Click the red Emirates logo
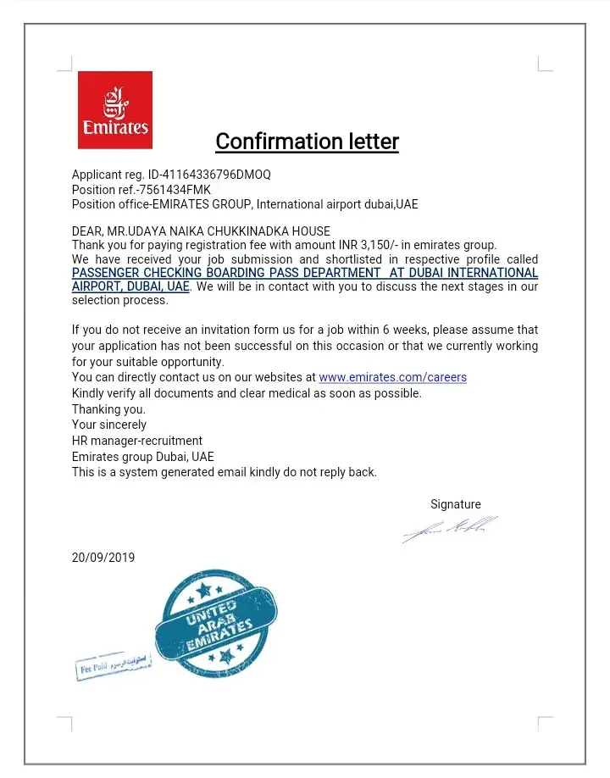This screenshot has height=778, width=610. click(x=115, y=109)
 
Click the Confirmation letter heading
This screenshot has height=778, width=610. click(x=307, y=141)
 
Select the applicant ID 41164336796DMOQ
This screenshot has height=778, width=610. click(x=216, y=175)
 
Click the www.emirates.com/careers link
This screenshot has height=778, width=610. click(x=392, y=377)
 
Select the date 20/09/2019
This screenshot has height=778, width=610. click(x=103, y=558)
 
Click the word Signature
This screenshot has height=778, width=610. click(x=455, y=504)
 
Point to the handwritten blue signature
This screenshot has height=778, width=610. click(x=449, y=530)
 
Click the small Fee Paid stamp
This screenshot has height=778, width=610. click(x=114, y=665)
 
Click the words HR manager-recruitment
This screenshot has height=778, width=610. click(x=137, y=441)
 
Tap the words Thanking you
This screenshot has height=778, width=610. click(x=108, y=409)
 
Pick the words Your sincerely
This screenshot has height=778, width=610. click(x=109, y=425)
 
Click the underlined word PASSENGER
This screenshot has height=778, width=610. click(x=105, y=273)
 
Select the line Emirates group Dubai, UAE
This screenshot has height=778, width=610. click(x=143, y=457)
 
